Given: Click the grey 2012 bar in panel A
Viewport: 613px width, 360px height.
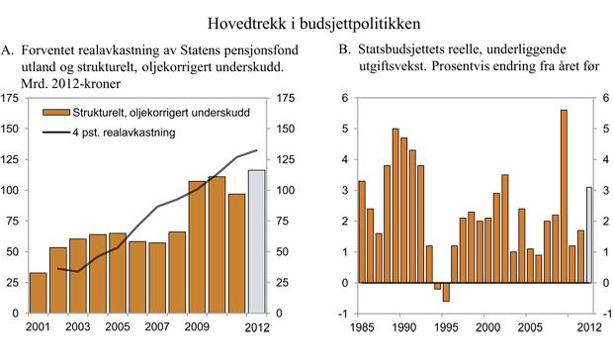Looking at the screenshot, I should click(x=257, y=242).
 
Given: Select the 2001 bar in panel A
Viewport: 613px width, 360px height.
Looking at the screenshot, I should click(x=38, y=293).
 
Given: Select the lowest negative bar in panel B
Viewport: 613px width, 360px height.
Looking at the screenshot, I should click(x=446, y=292).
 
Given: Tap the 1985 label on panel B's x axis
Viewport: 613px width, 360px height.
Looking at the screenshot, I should click(x=361, y=326).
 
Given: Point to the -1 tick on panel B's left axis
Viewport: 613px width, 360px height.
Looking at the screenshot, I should click(x=344, y=314).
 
